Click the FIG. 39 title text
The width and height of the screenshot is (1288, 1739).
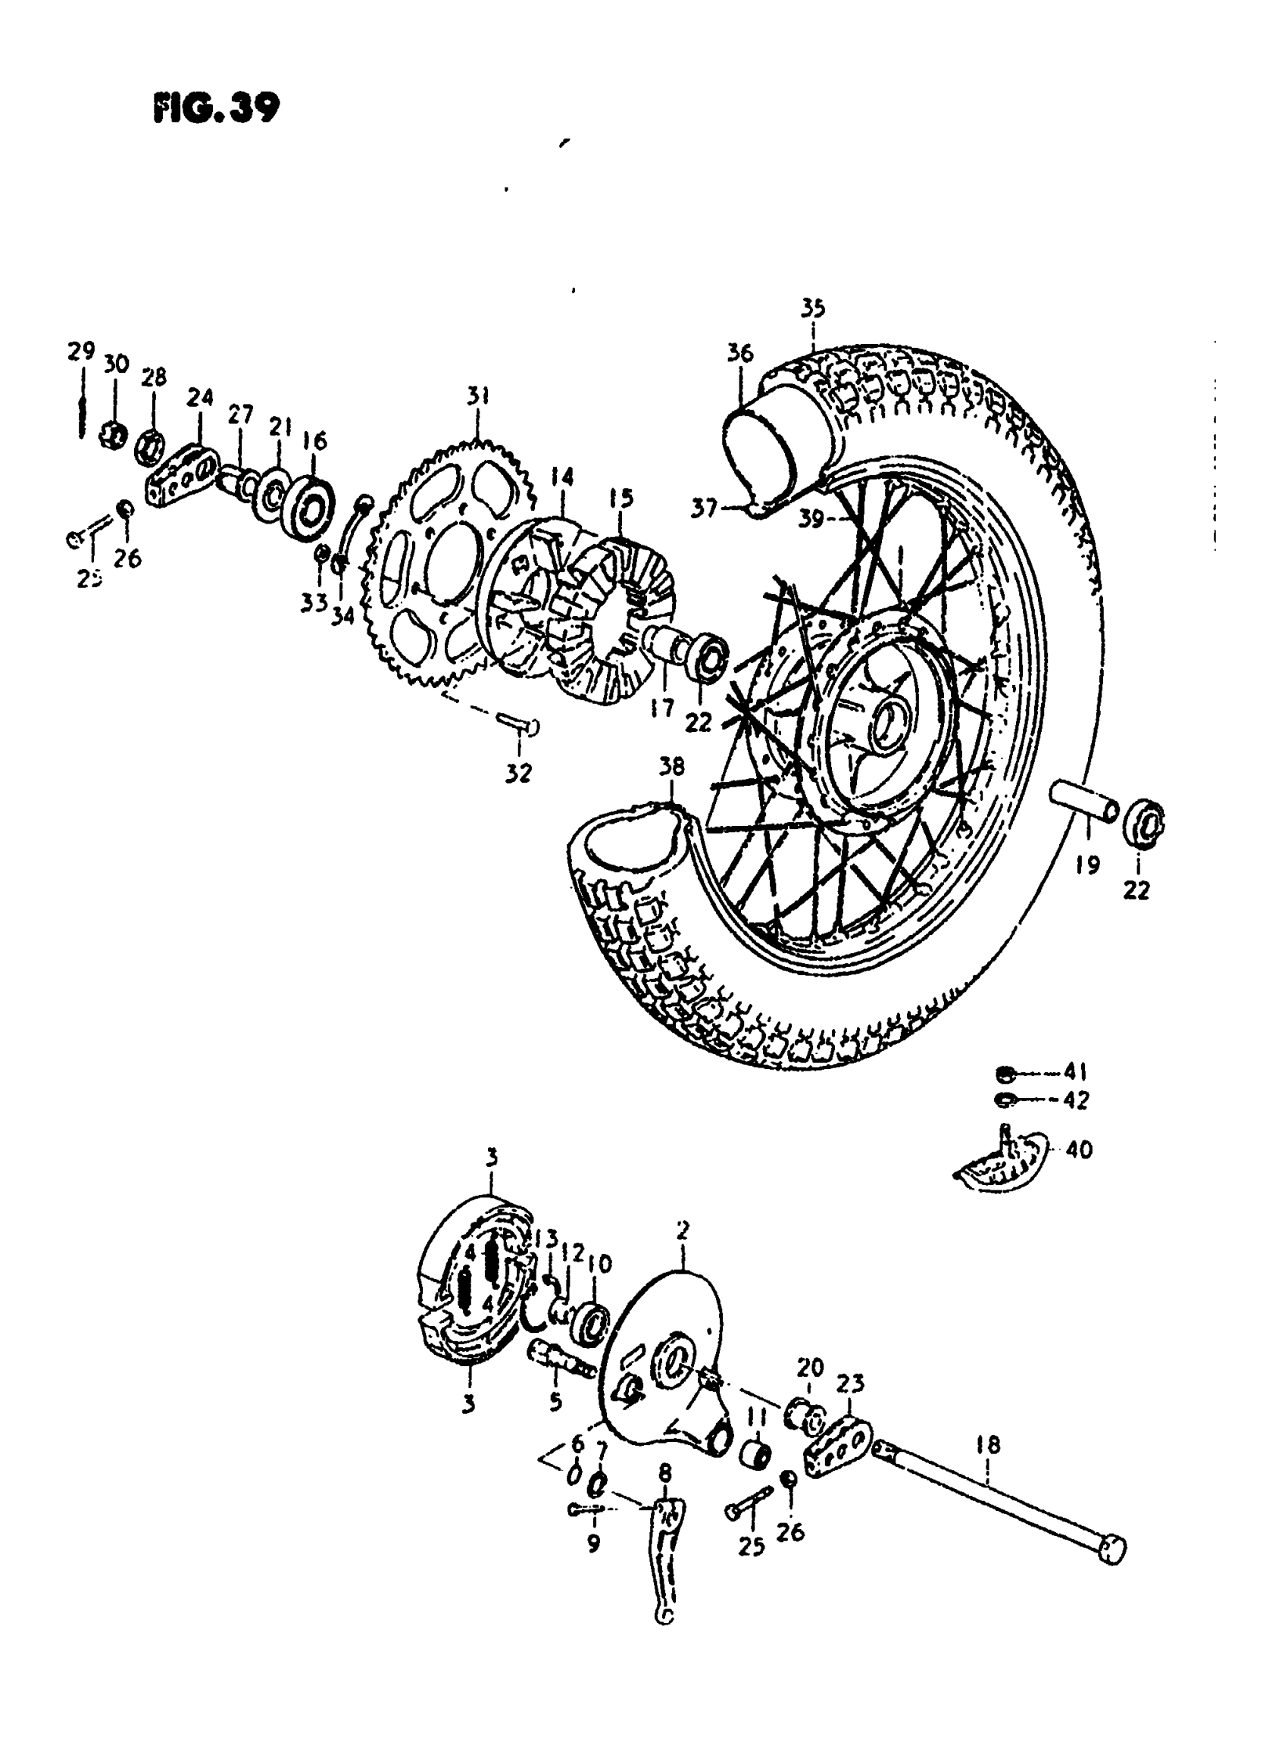click(x=215, y=108)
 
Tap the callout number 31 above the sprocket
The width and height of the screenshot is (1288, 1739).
click(x=478, y=396)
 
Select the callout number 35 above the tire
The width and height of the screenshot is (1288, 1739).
click(x=812, y=309)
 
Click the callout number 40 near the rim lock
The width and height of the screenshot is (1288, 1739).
click(x=1079, y=1149)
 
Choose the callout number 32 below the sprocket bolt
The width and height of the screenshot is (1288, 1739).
click(x=518, y=773)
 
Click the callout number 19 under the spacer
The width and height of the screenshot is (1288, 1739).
click(x=1088, y=865)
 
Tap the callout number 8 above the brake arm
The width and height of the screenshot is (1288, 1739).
click(x=664, y=1472)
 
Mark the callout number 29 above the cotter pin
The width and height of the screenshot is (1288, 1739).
click(x=81, y=352)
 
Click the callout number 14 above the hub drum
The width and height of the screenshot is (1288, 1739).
click(x=561, y=477)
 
